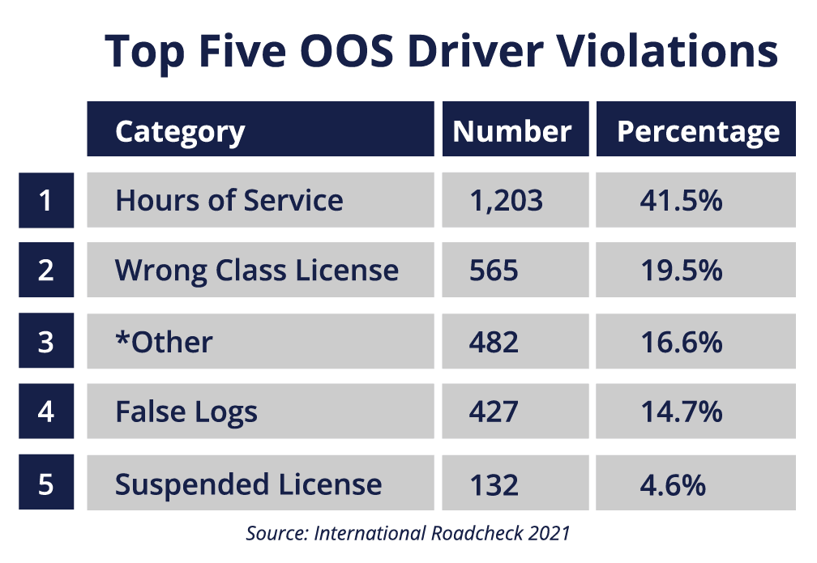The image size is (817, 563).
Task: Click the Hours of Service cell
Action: pos(229,200)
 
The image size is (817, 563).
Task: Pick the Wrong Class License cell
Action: pos(257,271)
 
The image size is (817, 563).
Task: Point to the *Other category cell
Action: pos(164,342)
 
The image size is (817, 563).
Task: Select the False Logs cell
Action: pos(186,412)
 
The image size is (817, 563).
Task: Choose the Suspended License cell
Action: pos(248,484)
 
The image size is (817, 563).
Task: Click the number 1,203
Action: pos(507,200)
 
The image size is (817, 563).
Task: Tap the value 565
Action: pos(494,271)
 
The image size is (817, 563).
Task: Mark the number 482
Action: pos(494,342)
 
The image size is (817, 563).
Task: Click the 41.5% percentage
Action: pos(681,200)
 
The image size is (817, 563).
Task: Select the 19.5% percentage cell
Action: pos(681,271)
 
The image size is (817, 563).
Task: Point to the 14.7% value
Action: pos(681,412)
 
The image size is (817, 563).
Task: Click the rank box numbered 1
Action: pos(46,200)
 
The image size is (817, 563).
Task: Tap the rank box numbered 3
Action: pos(46,342)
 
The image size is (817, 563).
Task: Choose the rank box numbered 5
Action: pos(46,484)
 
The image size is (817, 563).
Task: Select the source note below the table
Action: pos(408,533)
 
